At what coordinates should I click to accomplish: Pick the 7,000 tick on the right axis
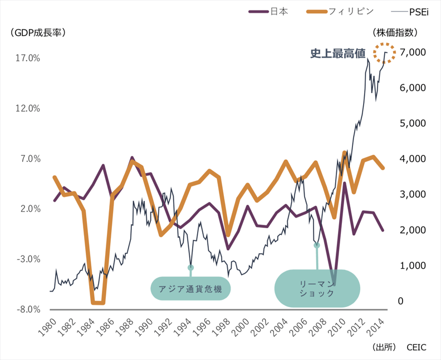pyautogui.click(x=414, y=52)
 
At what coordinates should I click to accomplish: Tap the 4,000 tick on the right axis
pyautogui.click(x=414, y=159)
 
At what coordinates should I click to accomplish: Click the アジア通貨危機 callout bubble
pyautogui.click(x=190, y=288)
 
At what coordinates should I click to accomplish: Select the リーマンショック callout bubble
pyautogui.click(x=317, y=288)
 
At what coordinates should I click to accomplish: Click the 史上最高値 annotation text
pyautogui.click(x=337, y=53)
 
